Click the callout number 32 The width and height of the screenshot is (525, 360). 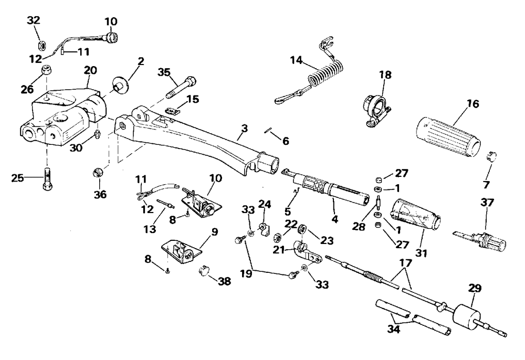(x=34, y=20)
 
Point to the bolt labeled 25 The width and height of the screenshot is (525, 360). (x=48, y=178)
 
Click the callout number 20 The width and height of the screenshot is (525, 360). (x=90, y=70)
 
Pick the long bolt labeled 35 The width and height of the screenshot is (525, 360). (x=181, y=87)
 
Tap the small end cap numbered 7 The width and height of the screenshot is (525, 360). (x=491, y=156)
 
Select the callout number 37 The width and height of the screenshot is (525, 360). (x=487, y=203)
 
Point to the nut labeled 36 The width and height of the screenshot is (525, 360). (x=98, y=173)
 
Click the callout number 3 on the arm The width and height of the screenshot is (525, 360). (x=245, y=128)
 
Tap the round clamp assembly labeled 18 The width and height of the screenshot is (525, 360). (x=377, y=110)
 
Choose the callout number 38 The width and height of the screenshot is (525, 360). (x=224, y=281)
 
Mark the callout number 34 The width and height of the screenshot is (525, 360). (x=393, y=329)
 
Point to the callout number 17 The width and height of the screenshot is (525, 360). (x=405, y=263)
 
